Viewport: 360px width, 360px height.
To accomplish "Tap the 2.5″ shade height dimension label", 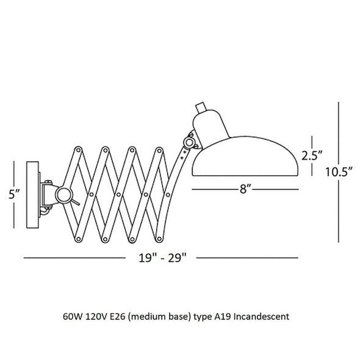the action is tap(312, 156).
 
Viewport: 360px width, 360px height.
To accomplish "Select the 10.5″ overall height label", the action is tap(339, 171).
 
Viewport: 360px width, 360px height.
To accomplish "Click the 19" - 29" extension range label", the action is tap(162, 257).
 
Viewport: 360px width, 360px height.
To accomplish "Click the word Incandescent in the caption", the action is tap(261, 317).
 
